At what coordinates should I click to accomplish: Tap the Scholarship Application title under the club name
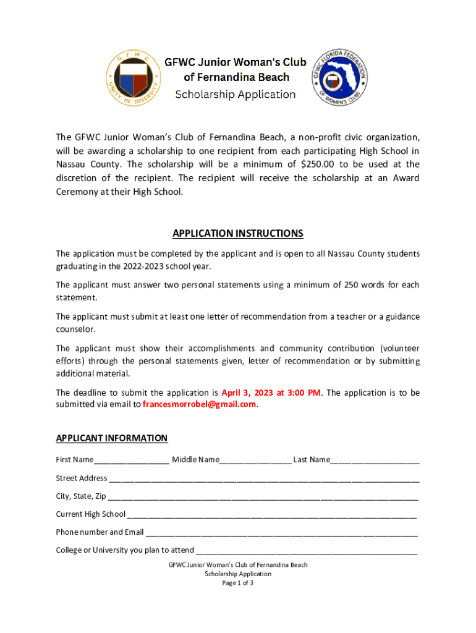235,95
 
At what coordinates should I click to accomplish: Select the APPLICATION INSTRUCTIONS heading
238,234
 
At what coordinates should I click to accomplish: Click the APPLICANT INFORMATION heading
111,438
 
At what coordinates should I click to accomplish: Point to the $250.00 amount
320,164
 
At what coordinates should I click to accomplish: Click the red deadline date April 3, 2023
247,393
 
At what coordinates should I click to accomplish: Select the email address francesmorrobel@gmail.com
199,404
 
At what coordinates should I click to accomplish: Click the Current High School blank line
271,515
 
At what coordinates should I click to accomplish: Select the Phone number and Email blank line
281,533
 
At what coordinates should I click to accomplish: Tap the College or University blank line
306,551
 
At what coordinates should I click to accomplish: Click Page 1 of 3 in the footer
238,583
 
